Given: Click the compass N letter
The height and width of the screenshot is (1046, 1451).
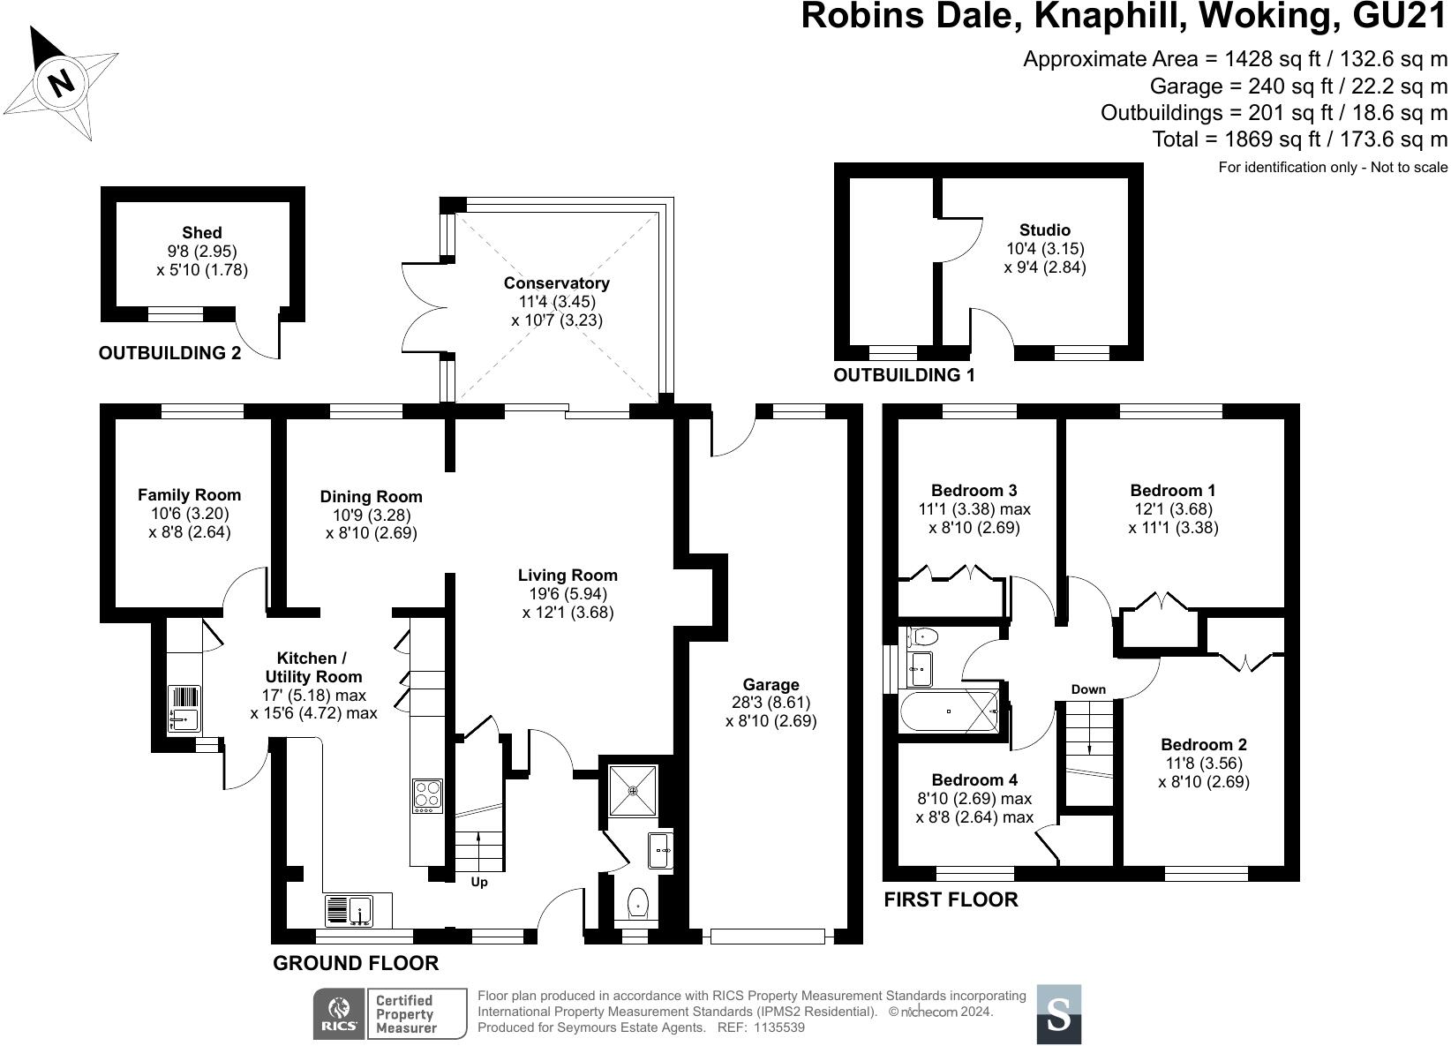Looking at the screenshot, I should (61, 83).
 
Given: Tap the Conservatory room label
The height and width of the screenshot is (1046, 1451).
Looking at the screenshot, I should (556, 283).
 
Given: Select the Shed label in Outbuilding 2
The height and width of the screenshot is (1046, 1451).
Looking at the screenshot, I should (202, 233).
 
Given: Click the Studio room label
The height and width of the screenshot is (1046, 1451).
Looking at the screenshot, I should (1044, 230).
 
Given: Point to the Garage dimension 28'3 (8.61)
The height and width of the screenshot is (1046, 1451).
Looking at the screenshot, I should (771, 703).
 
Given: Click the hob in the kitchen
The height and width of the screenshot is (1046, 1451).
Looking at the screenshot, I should (428, 795).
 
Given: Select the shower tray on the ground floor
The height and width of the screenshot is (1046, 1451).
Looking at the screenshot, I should (634, 790).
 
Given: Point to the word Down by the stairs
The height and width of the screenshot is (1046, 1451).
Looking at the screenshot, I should (1087, 689).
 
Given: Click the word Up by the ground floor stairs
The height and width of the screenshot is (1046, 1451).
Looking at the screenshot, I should (478, 882).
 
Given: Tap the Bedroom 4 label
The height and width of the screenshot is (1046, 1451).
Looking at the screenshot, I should (974, 779).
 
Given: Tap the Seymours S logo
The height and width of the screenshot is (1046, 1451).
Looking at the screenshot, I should (1058, 1015).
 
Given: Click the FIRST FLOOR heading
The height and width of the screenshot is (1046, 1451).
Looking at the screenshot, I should (951, 899).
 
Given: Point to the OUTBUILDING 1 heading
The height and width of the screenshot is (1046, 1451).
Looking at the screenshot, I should (904, 375).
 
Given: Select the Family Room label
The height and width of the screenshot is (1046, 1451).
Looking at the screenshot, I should (189, 495).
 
